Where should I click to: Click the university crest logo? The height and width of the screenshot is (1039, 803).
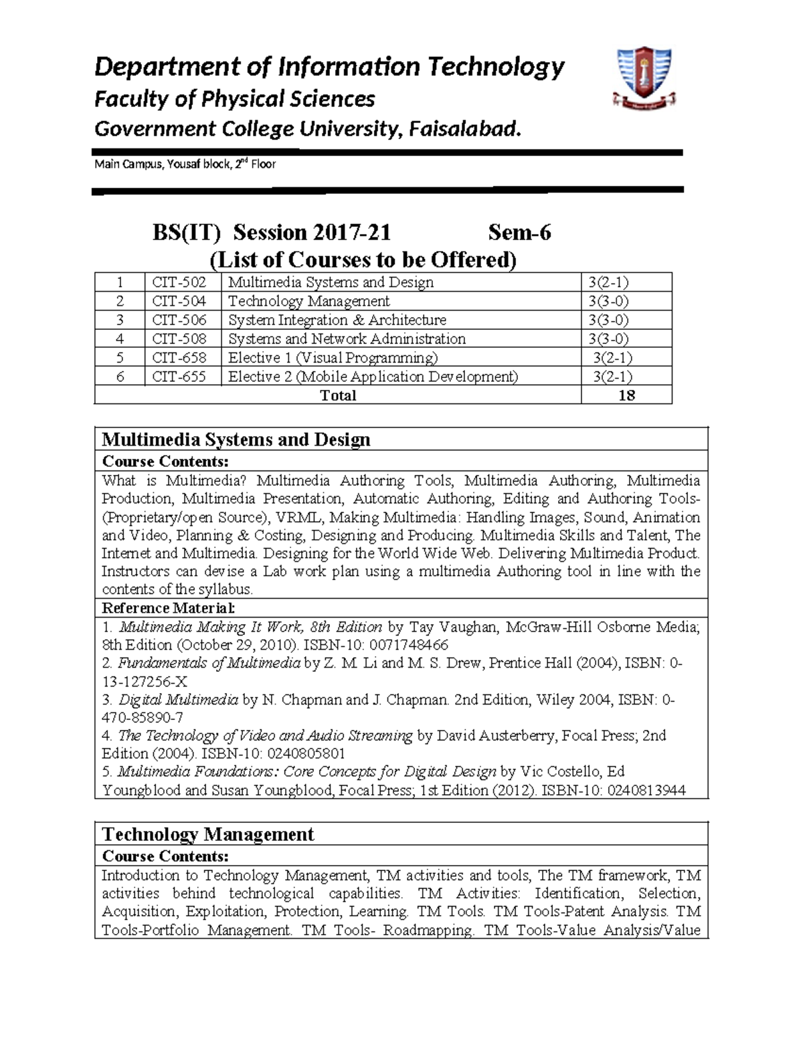[643, 78]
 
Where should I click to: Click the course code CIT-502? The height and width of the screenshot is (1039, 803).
[179, 282]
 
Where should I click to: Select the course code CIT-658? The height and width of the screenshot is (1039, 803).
[179, 358]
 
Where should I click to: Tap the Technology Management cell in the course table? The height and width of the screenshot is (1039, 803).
[308, 301]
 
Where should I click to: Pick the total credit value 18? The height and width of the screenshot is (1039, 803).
[626, 395]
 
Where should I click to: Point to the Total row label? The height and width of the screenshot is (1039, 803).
[338, 395]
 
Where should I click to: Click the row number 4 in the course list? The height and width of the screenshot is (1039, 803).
[120, 339]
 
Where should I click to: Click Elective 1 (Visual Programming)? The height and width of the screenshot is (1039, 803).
[333, 358]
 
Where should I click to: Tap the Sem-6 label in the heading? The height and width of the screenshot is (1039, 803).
[519, 232]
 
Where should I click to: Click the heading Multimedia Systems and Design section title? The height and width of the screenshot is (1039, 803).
[236, 440]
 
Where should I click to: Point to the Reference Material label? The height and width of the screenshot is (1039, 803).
[168, 608]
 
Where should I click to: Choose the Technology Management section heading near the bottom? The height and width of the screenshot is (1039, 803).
[207, 834]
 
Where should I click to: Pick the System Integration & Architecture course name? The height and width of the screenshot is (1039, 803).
[337, 320]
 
